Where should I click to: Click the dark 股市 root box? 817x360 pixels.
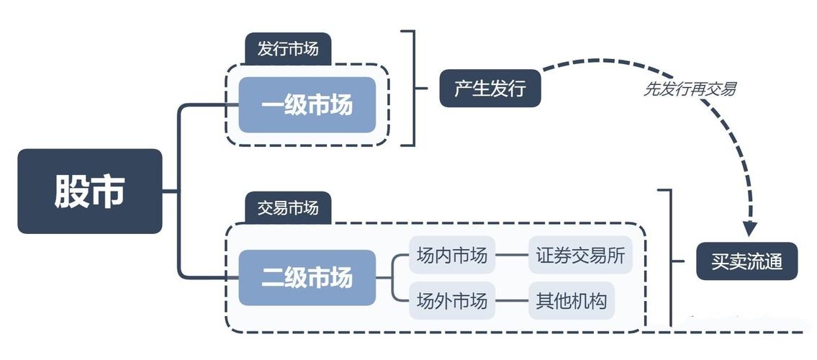[x=90, y=191]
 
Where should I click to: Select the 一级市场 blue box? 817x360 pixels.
[x=307, y=105]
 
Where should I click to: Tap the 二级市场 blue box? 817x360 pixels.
[x=307, y=277]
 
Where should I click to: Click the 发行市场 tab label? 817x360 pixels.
[x=288, y=50]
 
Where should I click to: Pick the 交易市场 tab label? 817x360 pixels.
[x=288, y=208]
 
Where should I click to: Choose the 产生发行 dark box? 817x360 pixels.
[x=490, y=89]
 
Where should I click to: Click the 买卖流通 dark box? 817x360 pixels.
[x=747, y=261]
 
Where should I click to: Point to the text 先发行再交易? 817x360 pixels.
[x=690, y=90]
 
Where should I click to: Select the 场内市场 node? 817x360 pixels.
[x=452, y=255]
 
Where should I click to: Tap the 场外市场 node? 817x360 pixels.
[x=452, y=300]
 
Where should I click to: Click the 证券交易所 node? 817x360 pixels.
[x=580, y=255]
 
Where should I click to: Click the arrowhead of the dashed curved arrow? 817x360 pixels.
[x=750, y=229]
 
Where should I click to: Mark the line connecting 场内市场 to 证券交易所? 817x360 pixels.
[x=512, y=255]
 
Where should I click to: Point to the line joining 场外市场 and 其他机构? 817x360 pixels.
[x=512, y=300]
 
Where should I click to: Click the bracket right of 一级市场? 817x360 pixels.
[x=413, y=88]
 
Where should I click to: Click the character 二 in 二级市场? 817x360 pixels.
[x=273, y=278]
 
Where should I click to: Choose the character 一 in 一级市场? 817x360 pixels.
[x=273, y=106]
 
